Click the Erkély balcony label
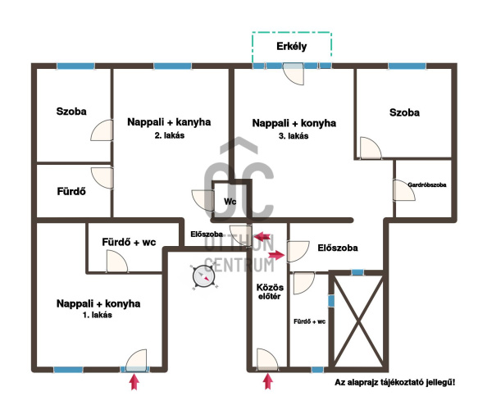coord(291,47)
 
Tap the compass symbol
coord(203,277)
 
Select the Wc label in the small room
coord(230,202)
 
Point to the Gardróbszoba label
coord(427,184)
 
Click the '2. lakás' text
coord(170,135)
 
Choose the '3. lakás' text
coord(294,136)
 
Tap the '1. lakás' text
coord(98,315)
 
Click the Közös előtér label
coord(270,292)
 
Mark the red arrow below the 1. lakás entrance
coord(134,382)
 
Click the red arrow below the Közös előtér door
coord(267,381)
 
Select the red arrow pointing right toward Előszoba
coord(276,254)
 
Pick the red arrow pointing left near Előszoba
coord(262,236)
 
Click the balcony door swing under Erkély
coord(294,74)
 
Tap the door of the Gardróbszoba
coord(404,190)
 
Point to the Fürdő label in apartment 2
coord(71,191)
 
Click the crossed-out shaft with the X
coord(358,320)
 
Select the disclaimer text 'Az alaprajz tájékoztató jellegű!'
coord(394,382)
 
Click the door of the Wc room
coord(203,200)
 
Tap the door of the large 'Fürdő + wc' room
coord(116,261)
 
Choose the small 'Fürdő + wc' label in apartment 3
coord(309,321)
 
